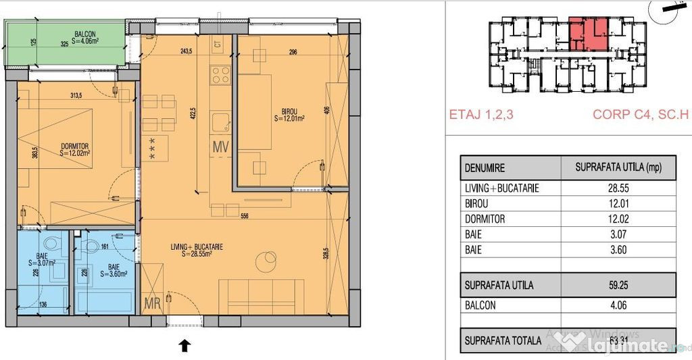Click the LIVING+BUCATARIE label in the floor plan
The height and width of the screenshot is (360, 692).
coord(197,247)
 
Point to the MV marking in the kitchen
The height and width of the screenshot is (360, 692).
coord(222,146)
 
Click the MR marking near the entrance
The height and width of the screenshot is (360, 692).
coord(153,305)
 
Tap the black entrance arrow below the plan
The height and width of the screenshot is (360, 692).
coord(184,346)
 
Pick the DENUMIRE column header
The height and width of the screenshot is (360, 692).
coord(487,168)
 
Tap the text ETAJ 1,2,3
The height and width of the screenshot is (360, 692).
coord(481,115)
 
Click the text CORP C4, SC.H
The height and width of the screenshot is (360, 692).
coord(639,115)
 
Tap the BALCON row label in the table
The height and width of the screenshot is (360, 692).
coord(480,305)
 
